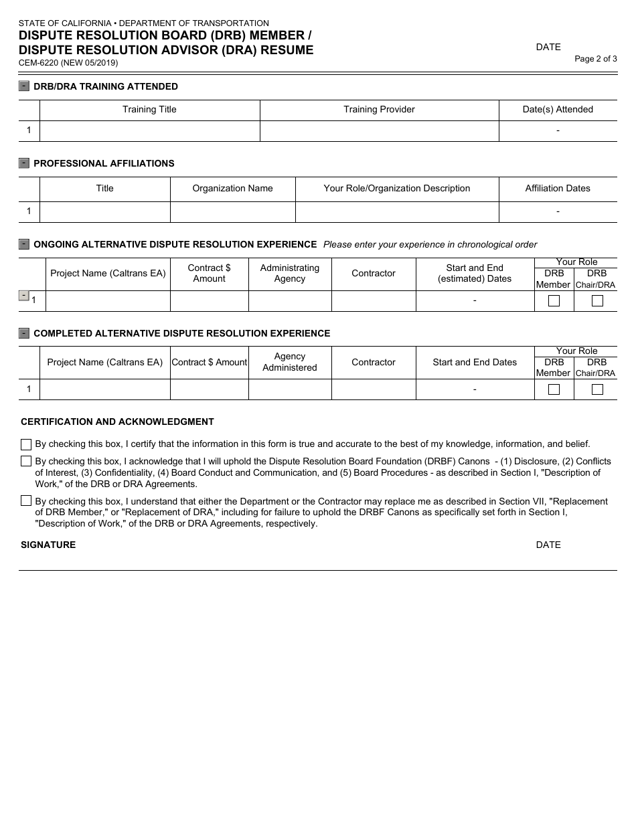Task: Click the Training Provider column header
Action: [x=379, y=110]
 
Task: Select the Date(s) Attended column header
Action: [x=558, y=110]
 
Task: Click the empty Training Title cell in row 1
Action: [x=149, y=131]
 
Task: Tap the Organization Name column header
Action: [x=232, y=189]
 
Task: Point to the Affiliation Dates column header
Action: [x=558, y=189]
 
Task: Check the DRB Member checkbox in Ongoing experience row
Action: [x=554, y=301]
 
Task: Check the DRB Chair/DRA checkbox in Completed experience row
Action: [x=597, y=389]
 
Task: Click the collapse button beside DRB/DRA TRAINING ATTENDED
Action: [x=24, y=86]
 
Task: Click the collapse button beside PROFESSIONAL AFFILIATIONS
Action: [x=24, y=163]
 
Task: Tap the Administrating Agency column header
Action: [x=290, y=274]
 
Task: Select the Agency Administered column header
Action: [x=290, y=362]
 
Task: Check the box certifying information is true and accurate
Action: [x=26, y=444]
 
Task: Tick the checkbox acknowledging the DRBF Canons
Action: [x=26, y=461]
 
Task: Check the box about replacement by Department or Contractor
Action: [x=26, y=500]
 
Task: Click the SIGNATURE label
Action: [x=48, y=545]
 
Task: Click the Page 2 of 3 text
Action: [x=596, y=59]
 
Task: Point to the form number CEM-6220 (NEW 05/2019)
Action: [x=68, y=63]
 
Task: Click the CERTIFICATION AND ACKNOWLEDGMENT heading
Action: [x=117, y=422]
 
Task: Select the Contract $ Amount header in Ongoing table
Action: [x=209, y=274]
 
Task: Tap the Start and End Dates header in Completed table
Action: [x=475, y=363]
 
